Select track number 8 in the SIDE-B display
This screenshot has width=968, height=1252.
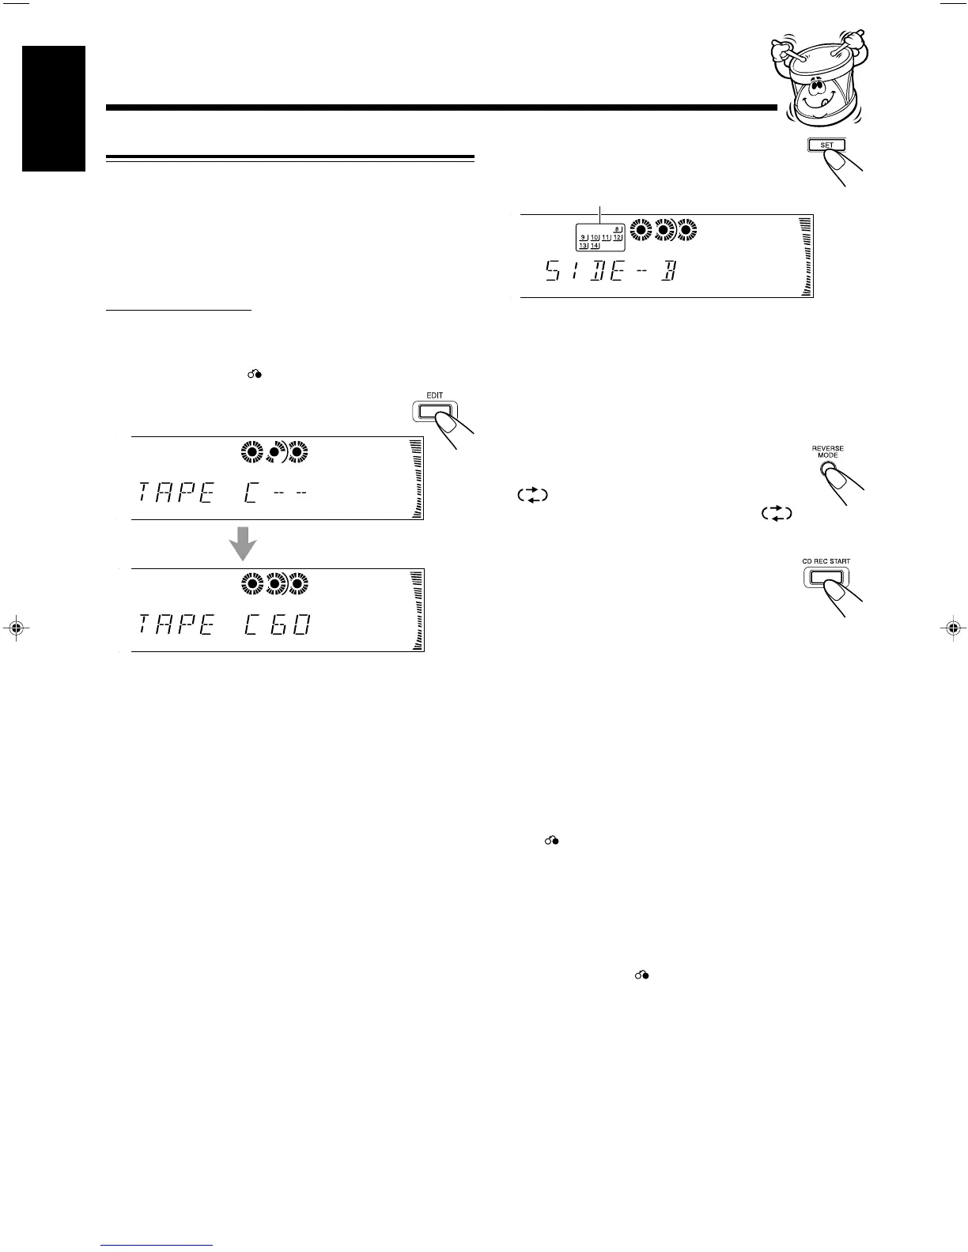618,229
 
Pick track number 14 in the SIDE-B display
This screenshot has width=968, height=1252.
595,246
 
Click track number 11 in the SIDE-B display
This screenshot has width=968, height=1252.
606,237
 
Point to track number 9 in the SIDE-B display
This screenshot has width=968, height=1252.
583,237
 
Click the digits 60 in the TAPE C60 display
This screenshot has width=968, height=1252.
285,627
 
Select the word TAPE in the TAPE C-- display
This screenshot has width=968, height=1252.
176,494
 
